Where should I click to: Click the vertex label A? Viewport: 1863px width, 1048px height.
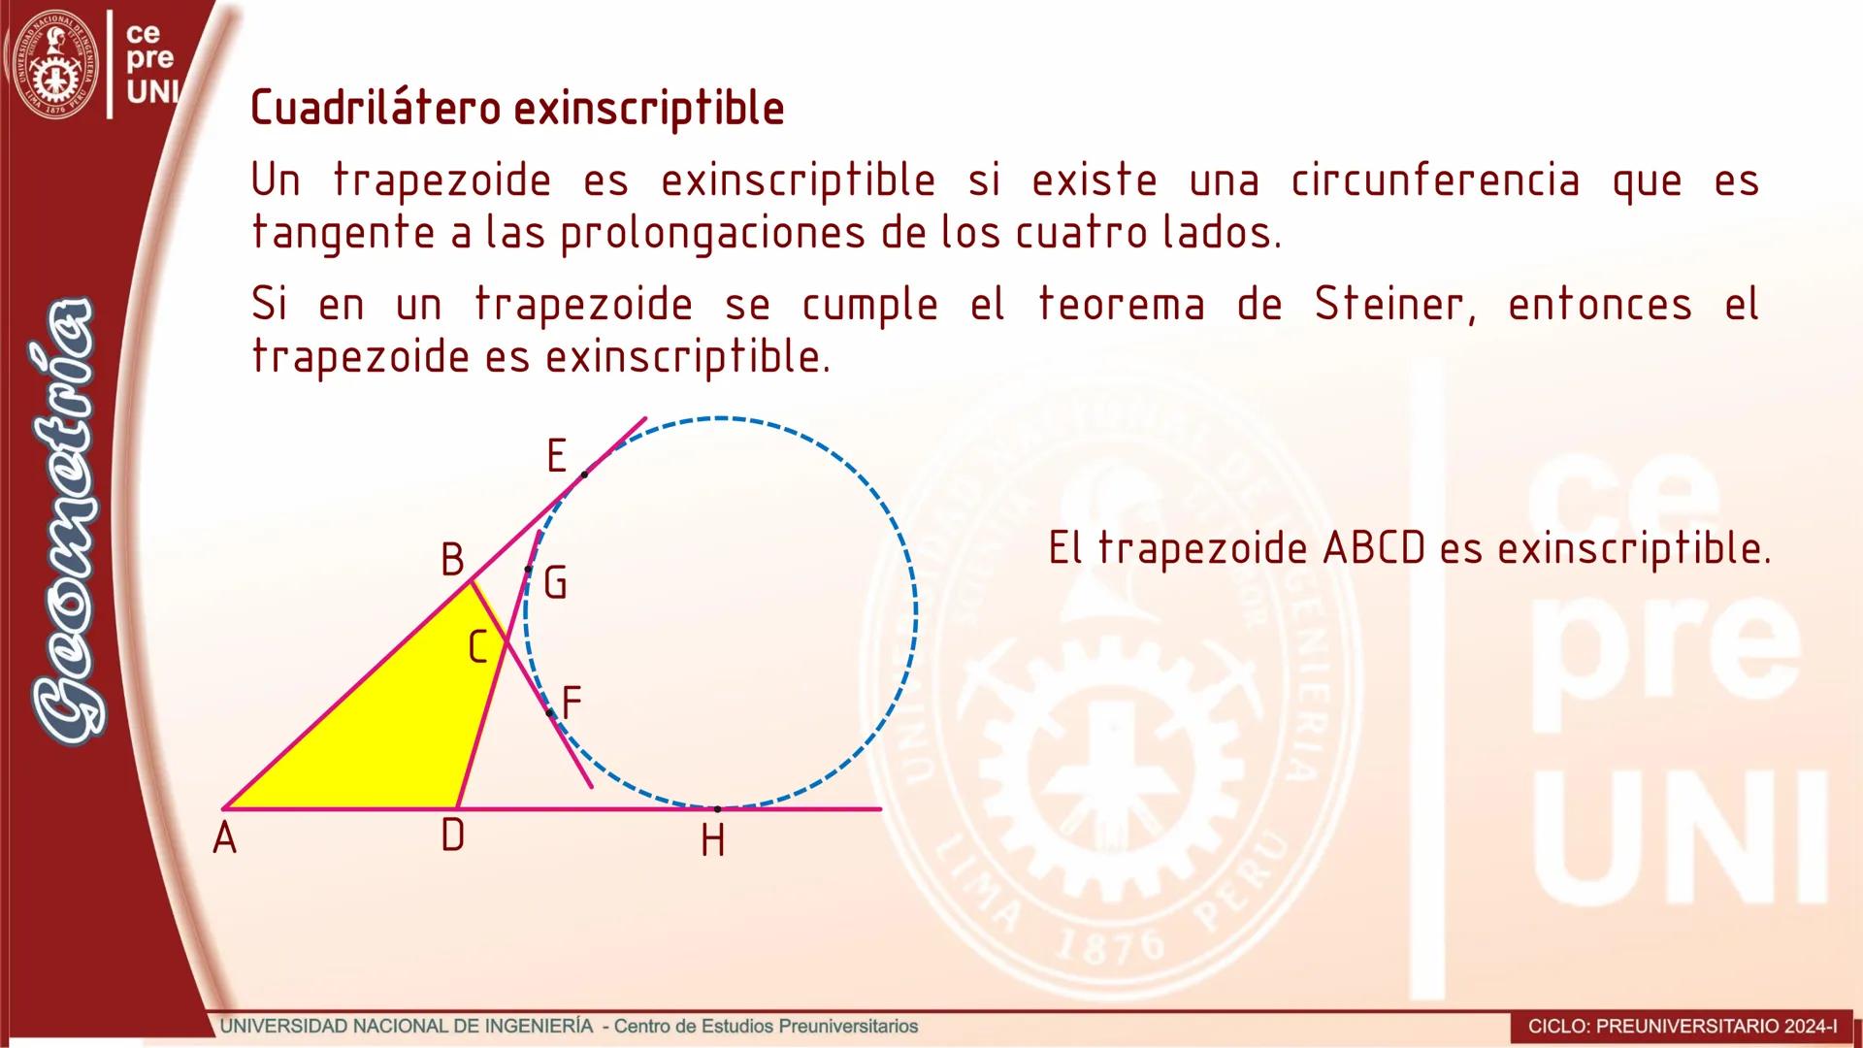click(224, 837)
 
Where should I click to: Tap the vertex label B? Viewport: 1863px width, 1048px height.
click(452, 560)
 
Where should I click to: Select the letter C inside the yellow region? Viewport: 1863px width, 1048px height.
click(476, 647)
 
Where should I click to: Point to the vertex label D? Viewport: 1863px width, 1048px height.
click(452, 835)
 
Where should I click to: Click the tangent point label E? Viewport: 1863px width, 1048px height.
click(556, 455)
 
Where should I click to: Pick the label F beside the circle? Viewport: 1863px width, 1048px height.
click(572, 702)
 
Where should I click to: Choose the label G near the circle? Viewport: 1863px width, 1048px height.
click(555, 582)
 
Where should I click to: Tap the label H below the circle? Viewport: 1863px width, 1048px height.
click(713, 841)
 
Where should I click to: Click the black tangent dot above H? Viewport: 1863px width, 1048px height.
click(718, 808)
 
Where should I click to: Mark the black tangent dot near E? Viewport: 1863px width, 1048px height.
click(584, 475)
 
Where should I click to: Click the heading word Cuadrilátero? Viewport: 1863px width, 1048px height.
click(377, 107)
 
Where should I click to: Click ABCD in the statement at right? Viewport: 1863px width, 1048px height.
click(1374, 549)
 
